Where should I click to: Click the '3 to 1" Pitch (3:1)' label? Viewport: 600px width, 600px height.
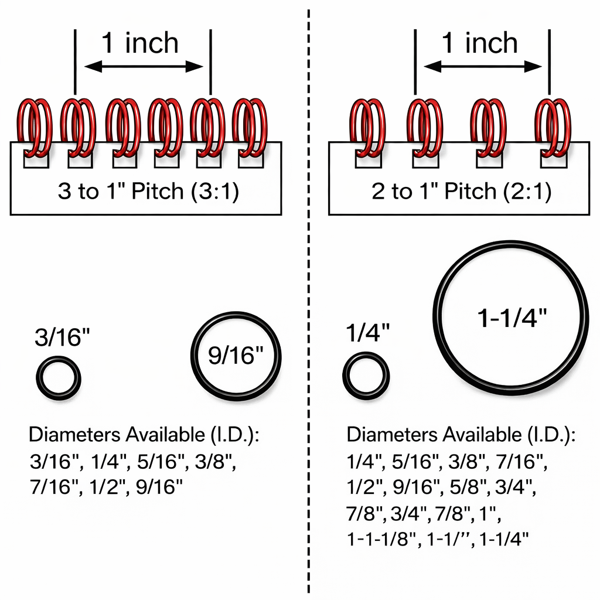148,192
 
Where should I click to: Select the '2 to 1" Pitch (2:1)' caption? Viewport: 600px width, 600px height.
461,192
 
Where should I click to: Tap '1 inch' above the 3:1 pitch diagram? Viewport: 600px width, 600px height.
140,43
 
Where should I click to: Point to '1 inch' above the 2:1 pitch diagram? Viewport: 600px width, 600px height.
479,43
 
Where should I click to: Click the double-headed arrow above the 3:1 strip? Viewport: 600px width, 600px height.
143,67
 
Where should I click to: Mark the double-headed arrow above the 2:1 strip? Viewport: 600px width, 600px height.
482,67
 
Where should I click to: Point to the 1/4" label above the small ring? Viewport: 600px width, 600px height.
367,333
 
